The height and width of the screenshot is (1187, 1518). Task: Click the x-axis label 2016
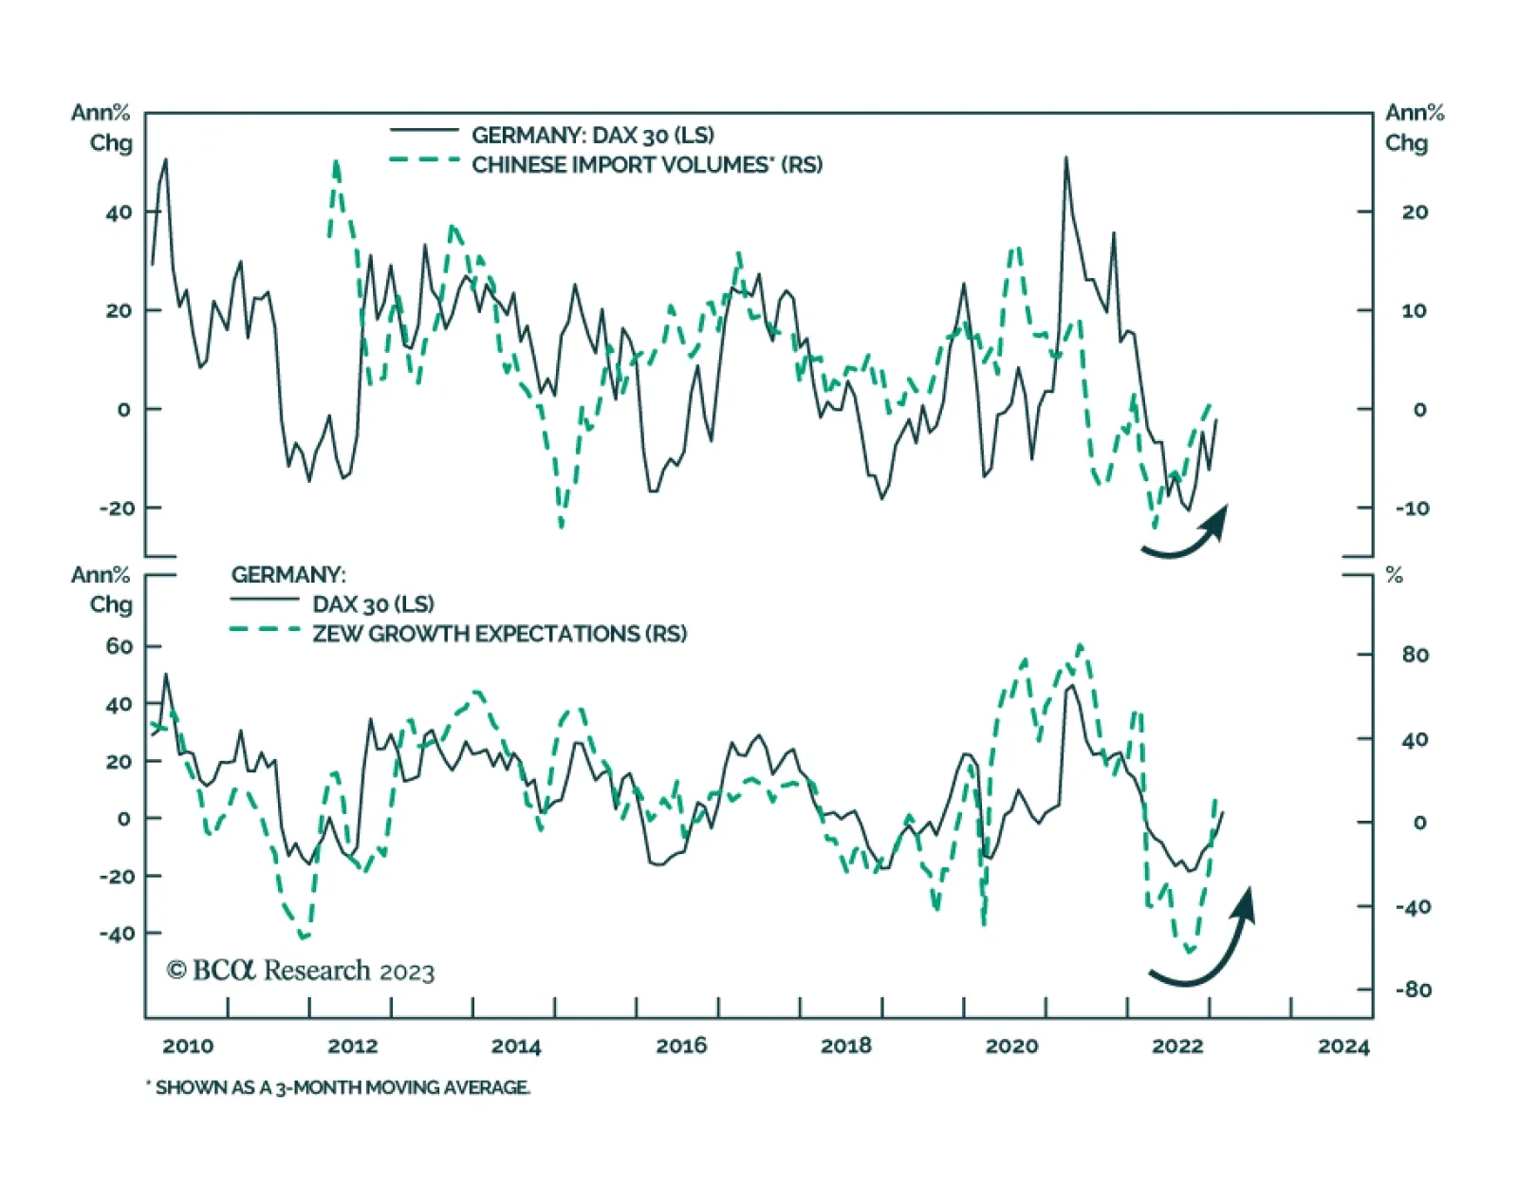(680, 1046)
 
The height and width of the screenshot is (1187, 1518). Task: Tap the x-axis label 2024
(1343, 1046)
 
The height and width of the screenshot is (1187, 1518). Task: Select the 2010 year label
(188, 1046)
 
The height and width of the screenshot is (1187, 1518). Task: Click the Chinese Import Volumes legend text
(647, 165)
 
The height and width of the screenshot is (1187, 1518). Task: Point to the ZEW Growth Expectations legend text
(499, 634)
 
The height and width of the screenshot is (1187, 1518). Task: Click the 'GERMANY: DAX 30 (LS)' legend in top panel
(593, 135)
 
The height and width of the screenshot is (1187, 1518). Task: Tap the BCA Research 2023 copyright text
(301, 971)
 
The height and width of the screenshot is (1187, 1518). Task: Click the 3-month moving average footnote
(342, 1087)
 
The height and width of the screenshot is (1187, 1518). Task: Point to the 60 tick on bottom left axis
(120, 646)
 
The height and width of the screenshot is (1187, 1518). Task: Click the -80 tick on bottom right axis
(1413, 990)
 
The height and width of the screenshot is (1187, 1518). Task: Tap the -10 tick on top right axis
(1412, 509)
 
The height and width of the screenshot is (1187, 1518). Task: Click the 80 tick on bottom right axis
(1415, 655)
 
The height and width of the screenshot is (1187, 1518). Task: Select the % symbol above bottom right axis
(1394, 575)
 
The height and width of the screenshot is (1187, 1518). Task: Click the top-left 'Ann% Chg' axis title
(101, 128)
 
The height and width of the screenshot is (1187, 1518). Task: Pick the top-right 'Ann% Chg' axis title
(1414, 128)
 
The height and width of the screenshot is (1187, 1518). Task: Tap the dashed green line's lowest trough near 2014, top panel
(562, 525)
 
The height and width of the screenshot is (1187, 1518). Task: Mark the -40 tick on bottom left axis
(117, 934)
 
